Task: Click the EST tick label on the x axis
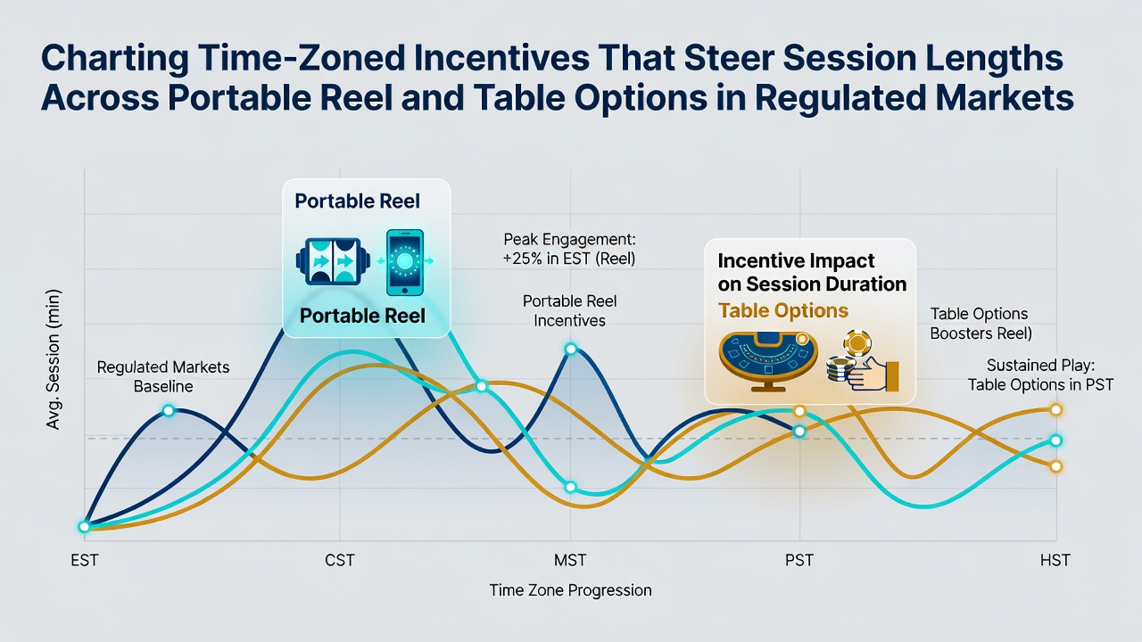tap(84, 561)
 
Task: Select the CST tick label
tap(340, 561)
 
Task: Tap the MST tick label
tap(570, 561)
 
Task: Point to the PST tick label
tap(799, 561)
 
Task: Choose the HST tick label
tap(1055, 561)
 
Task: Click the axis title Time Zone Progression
tap(570, 590)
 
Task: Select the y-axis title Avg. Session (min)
tap(53, 359)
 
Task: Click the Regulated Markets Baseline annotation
tap(163, 376)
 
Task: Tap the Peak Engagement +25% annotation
tap(569, 249)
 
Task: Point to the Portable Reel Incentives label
tap(569, 311)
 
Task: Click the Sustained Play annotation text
tap(1040, 375)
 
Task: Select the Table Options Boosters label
tap(981, 324)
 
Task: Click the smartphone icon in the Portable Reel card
tap(405, 262)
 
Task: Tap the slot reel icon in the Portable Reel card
tap(333, 261)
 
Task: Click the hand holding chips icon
tap(863, 362)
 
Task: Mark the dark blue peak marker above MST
tap(571, 349)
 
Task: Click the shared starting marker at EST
tap(84, 527)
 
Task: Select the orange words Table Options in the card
tap(783, 310)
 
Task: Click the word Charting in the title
tap(115, 59)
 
